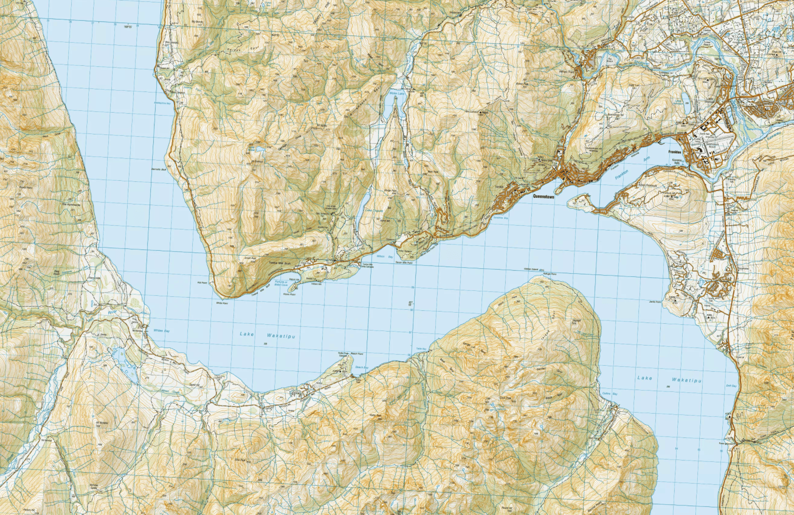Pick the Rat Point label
201,283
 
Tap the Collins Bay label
609,394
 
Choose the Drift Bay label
731,386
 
